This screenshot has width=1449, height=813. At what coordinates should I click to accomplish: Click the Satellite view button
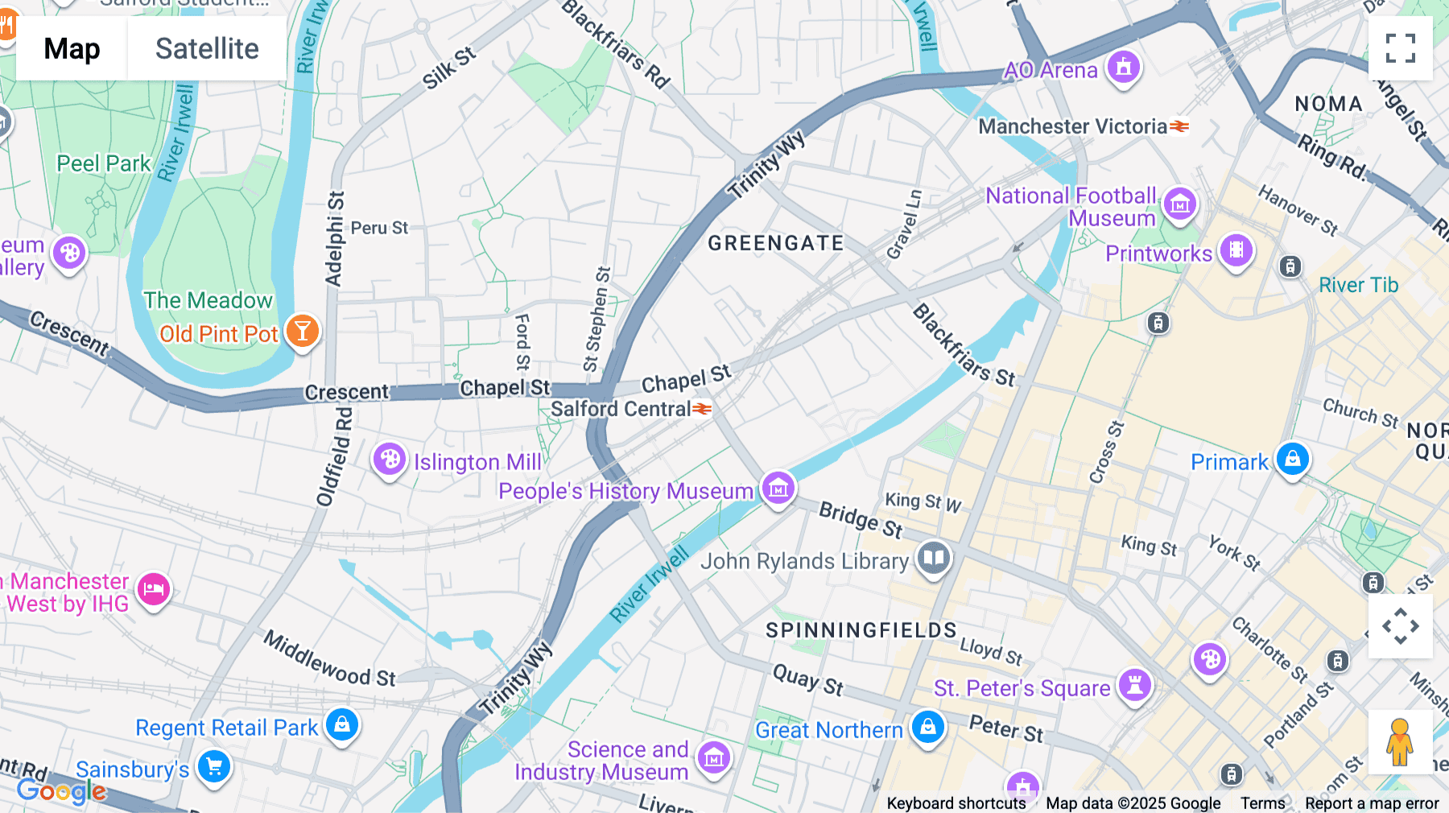(x=207, y=48)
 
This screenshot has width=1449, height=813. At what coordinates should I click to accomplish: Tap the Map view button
(x=72, y=48)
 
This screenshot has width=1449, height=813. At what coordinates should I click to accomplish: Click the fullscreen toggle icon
(x=1400, y=48)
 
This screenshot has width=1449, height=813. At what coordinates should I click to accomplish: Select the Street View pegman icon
(x=1400, y=742)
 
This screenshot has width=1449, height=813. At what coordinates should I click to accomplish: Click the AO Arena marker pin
(x=1124, y=67)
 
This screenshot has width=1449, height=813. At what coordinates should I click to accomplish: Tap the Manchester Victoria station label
(x=1073, y=126)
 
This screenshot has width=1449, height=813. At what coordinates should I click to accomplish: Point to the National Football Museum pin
(x=1180, y=204)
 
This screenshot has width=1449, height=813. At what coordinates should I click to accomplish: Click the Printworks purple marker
(x=1236, y=250)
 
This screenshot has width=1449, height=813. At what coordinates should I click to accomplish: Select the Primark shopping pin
(x=1293, y=459)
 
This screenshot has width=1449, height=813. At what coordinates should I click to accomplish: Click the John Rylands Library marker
(x=934, y=557)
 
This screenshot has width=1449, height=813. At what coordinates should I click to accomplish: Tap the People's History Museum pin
(x=778, y=488)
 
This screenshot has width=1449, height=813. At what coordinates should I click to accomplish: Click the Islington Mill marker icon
(x=390, y=460)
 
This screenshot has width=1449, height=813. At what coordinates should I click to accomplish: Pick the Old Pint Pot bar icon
(x=303, y=331)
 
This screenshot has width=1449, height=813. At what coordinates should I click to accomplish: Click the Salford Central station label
(x=621, y=409)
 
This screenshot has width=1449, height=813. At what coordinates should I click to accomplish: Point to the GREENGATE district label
(x=776, y=243)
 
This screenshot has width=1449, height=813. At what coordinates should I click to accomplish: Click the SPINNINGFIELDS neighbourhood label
(x=861, y=629)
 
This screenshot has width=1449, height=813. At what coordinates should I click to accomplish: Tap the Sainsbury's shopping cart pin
(x=214, y=766)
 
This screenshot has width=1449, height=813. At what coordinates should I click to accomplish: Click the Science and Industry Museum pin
(x=714, y=757)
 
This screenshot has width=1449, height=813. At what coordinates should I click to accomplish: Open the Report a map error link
(x=1372, y=803)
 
